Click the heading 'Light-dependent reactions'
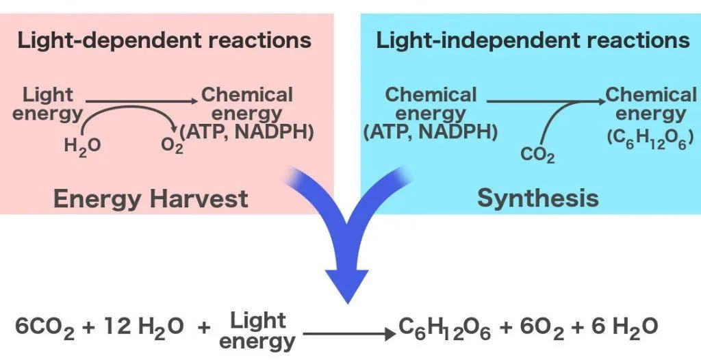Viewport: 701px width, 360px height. click(164, 40)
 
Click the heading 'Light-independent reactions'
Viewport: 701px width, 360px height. click(533, 40)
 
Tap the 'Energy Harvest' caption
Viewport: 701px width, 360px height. click(151, 198)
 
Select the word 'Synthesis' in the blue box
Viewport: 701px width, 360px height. click(537, 198)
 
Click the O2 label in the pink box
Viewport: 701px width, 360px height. click(172, 146)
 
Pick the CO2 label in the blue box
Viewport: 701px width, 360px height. click(537, 155)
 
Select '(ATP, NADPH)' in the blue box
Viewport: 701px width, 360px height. click(430, 131)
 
